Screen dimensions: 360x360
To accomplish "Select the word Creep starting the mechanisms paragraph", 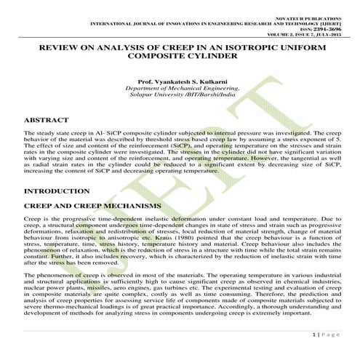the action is [32, 219].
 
